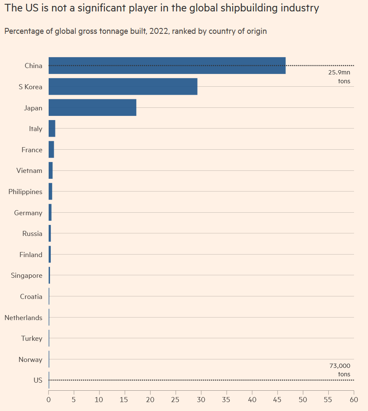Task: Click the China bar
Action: pos(167,66)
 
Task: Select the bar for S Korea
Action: pos(123,87)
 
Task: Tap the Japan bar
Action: pos(92,108)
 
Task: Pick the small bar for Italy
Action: pos(52,129)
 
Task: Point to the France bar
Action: pos(51,150)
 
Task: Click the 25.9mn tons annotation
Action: pos(339,77)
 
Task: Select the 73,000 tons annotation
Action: pos(340,370)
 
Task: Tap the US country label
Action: pos(38,381)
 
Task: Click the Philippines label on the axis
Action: pos(25,192)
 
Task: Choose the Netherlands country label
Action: pos(23,318)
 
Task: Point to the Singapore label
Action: pos(27,276)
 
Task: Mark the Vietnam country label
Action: pos(29,171)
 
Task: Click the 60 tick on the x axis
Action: pos(354,399)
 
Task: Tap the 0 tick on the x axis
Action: pos(49,399)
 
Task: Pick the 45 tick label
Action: pos(277,399)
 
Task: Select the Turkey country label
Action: pos(32,339)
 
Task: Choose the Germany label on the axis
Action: pos(28,213)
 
